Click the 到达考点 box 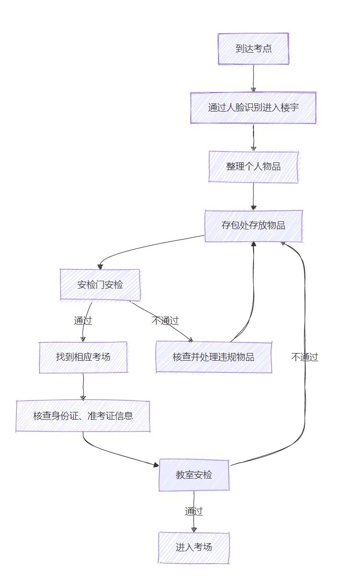pyautogui.click(x=254, y=48)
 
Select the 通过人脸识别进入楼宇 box pyautogui.click(x=253, y=108)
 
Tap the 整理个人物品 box pyautogui.click(x=253, y=167)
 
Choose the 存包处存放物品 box pyautogui.click(x=254, y=226)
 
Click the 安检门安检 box pyautogui.click(x=100, y=285)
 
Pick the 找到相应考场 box pyautogui.click(x=83, y=357)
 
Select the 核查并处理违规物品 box pyautogui.click(x=214, y=357)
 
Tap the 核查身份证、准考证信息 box pyautogui.click(x=83, y=416)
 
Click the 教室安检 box pyautogui.click(x=194, y=475)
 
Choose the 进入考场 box pyautogui.click(x=194, y=548)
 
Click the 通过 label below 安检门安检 pyautogui.click(x=83, y=320)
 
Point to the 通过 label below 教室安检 pyautogui.click(x=194, y=511)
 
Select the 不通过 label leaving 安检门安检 pyautogui.click(x=165, y=320)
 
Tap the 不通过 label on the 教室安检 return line pyautogui.click(x=305, y=357)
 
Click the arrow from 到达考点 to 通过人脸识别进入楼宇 pyautogui.click(x=254, y=78)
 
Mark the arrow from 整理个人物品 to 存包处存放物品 pyautogui.click(x=254, y=196)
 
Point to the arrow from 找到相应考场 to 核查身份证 pyautogui.click(x=83, y=386)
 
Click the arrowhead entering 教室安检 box pyautogui.click(x=156, y=465)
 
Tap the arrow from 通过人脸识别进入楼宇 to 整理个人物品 pyautogui.click(x=254, y=137)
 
